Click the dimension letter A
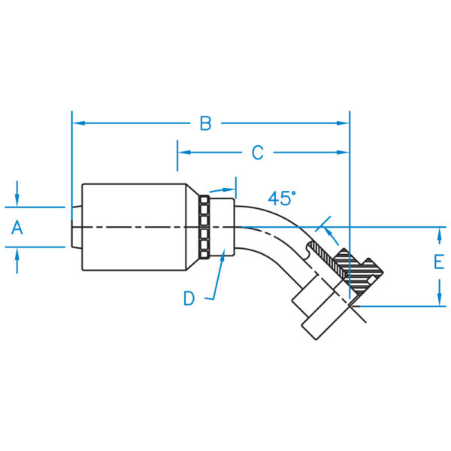pos(17,227)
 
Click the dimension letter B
pos(206,123)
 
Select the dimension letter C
pos(257,153)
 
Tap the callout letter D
pos(189,298)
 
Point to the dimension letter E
pos(439,262)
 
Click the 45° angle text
pos(282,198)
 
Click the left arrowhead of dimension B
pos(79,123)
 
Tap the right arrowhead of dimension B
pos(343,123)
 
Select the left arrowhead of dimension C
pos(184,152)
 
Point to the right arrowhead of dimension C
pos(343,152)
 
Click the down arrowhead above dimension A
pos(17,201)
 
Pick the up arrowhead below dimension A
pos(17,254)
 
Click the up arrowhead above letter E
pos(439,234)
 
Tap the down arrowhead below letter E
pos(439,299)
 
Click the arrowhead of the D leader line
pos(222,256)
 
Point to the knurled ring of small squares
pos(204,227)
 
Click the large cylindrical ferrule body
pos(134,227)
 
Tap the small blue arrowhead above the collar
pos(229,190)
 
